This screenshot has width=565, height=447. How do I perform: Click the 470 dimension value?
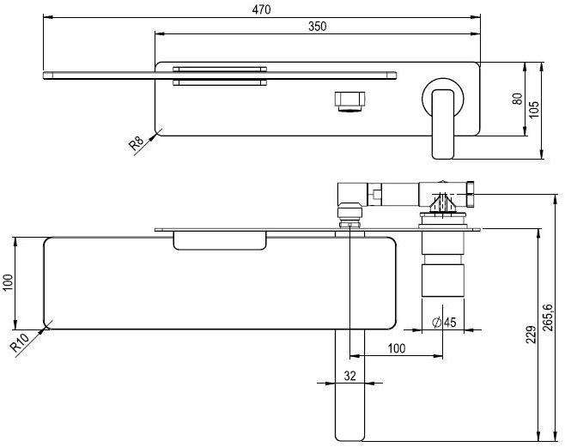tap(261, 9)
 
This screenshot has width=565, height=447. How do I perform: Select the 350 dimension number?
tap(316, 27)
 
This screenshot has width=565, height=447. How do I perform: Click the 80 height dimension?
tap(516, 98)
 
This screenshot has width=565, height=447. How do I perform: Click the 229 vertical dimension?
tap(531, 334)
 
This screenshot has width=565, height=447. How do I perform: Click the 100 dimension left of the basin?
tap(9, 283)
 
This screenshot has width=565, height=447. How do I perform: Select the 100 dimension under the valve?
tap(396, 347)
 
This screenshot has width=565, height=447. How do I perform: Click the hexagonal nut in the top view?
tap(349, 100)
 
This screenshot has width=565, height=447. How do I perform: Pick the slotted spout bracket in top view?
tap(219, 76)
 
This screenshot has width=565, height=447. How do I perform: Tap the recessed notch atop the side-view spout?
tap(221, 241)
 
